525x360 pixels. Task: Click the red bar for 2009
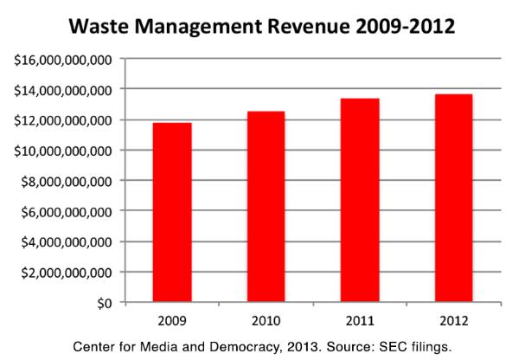pos(173,212)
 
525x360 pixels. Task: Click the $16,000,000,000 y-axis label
pos(61,59)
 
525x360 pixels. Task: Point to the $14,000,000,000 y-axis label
pos(61,89)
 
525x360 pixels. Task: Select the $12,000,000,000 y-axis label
pos(61,119)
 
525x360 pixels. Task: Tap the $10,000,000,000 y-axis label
pos(61,150)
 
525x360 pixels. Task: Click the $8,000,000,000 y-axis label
pos(65,181)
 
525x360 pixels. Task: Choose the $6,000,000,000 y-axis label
pos(65,211)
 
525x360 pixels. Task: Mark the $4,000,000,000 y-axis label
pos(65,241)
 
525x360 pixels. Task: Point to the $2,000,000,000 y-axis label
pos(65,272)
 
